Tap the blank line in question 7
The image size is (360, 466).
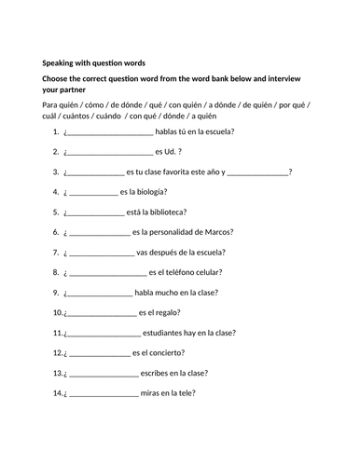tap(102, 254)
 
